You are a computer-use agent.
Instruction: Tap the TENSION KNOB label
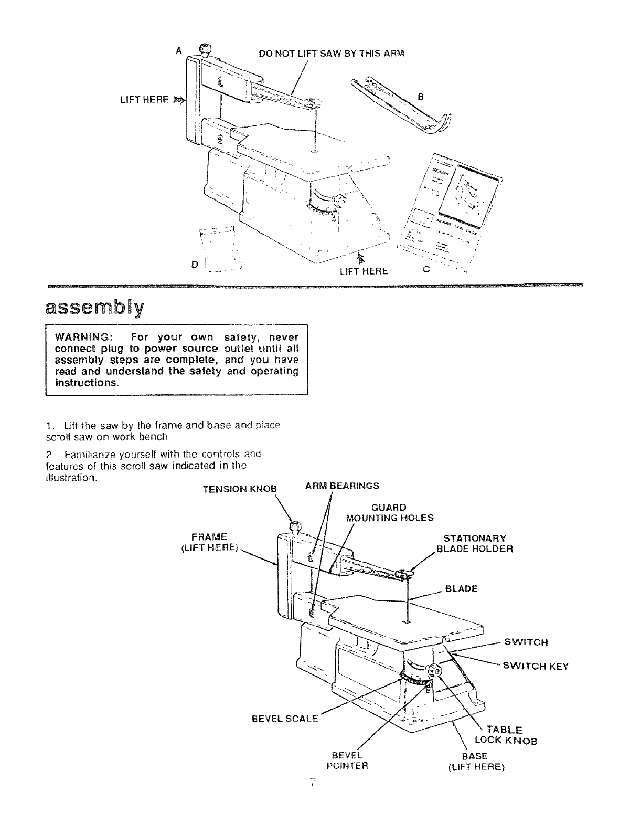(239, 489)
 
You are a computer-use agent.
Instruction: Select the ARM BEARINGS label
(342, 486)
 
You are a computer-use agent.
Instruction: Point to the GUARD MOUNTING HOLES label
(390, 513)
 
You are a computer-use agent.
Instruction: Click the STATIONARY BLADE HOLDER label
(475, 544)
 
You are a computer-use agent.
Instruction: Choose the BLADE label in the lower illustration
(461, 588)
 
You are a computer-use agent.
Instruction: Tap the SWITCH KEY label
(536, 667)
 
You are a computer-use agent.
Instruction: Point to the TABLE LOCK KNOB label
(506, 735)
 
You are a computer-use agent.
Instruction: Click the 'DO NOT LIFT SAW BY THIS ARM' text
(333, 54)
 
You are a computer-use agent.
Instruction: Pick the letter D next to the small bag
(195, 265)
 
